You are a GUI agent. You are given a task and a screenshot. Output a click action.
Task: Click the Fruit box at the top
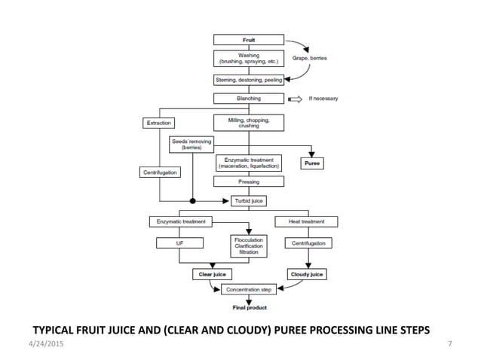click(249, 39)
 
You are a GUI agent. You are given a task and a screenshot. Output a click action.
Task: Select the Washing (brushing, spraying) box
click(249, 58)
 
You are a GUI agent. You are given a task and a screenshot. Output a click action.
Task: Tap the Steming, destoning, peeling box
click(249, 79)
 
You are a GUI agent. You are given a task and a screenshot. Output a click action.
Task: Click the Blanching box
click(249, 98)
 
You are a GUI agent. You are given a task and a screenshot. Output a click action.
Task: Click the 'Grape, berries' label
click(309, 58)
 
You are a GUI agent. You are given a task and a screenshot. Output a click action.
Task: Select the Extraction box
click(158, 123)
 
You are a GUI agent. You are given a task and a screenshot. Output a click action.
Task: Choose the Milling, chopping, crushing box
click(249, 122)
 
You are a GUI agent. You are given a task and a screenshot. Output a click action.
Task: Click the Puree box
click(311, 163)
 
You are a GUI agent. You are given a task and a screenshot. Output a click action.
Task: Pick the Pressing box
click(249, 182)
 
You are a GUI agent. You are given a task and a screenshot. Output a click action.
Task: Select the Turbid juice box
click(249, 201)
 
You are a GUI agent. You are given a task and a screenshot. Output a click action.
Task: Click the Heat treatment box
click(306, 221)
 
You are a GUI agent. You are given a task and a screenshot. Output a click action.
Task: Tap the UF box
click(179, 243)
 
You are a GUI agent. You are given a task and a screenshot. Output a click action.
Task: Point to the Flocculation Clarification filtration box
click(249, 246)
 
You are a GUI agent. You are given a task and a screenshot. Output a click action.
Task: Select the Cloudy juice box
click(306, 275)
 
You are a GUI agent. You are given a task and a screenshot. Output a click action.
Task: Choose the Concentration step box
click(249, 289)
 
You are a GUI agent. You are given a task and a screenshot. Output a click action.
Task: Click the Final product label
click(248, 307)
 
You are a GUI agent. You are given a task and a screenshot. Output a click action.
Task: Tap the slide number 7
click(450, 344)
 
